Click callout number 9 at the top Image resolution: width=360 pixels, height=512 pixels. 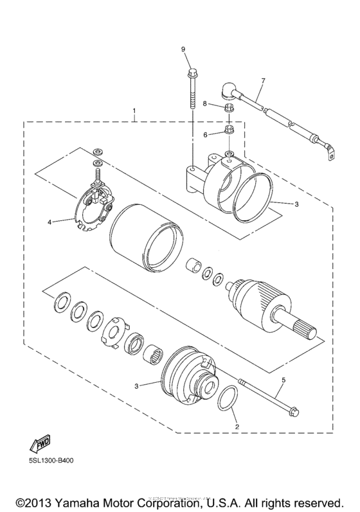pos(183,49)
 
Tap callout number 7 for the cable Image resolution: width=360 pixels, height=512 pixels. pos(262,82)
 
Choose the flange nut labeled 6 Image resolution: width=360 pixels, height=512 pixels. pos(230,133)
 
